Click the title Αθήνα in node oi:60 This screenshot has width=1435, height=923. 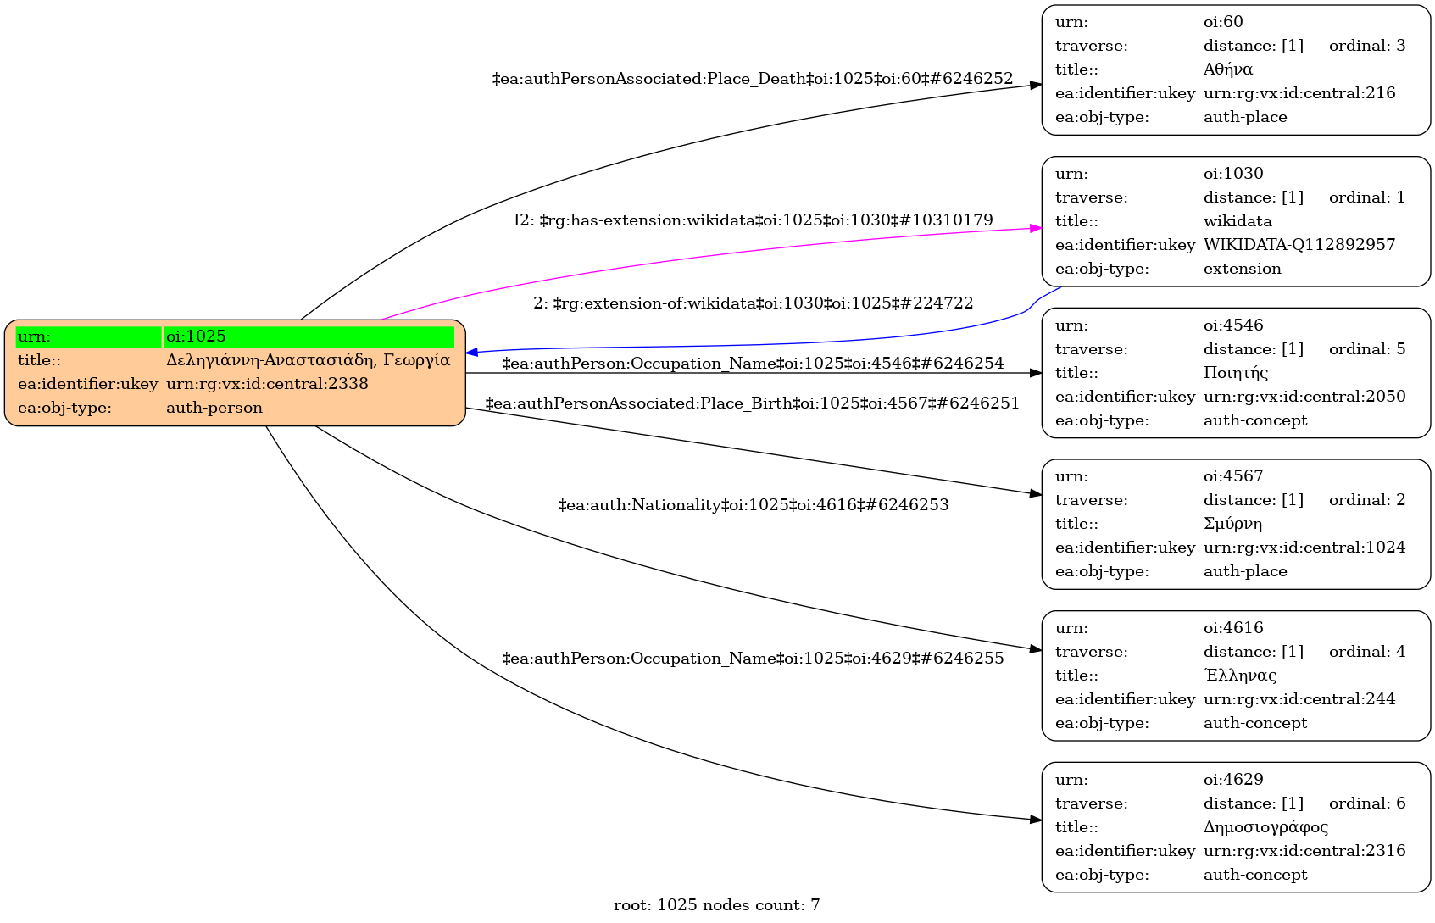click(x=1227, y=70)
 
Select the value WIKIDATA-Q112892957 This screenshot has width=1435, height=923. click(x=1299, y=245)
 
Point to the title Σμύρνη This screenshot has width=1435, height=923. click(x=1232, y=524)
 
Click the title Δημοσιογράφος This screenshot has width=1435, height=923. click(x=1265, y=827)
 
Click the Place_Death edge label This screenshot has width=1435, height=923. click(x=753, y=79)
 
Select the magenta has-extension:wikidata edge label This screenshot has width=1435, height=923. click(x=753, y=220)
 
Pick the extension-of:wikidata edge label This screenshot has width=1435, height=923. click(x=753, y=303)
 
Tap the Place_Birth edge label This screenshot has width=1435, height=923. click(x=753, y=403)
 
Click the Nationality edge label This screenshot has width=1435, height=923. click(x=753, y=505)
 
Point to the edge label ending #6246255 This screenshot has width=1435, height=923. click(x=753, y=659)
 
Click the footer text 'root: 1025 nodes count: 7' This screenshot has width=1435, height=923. click(x=716, y=905)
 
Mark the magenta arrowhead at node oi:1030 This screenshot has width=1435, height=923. click(x=1035, y=228)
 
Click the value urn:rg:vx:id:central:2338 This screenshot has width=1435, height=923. click(x=267, y=384)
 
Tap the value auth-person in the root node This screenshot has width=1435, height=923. click(x=214, y=408)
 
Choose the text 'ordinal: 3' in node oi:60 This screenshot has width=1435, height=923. click(x=1366, y=46)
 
